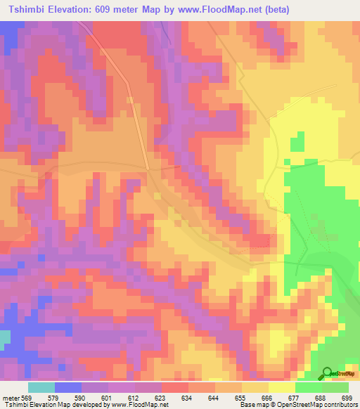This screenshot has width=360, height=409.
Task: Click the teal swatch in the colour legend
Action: pyautogui.click(x=41, y=387)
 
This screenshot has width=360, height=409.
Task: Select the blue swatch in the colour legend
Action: pyautogui.click(x=68, y=387)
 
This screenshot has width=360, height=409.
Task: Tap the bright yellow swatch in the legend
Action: pyautogui.click(x=282, y=387)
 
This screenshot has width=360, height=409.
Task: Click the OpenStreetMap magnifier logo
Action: pyautogui.click(x=328, y=374)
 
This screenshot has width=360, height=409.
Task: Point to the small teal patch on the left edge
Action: pyautogui.click(x=4, y=337)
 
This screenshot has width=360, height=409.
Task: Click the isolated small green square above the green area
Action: pyautogui.click(x=297, y=143)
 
